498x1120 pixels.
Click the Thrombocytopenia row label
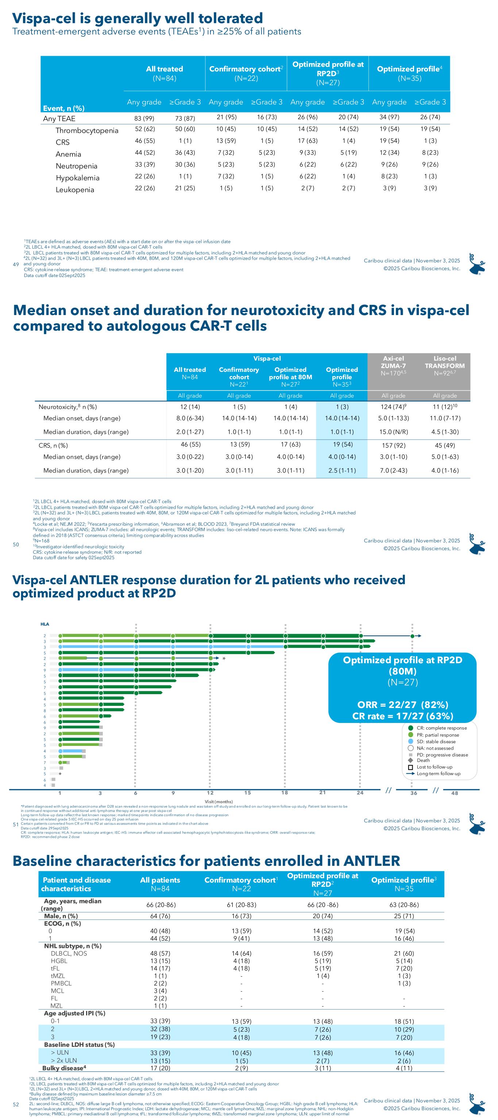pos(86,131)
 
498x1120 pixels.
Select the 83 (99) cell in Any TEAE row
pos(145,118)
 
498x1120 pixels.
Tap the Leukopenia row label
pos(74,190)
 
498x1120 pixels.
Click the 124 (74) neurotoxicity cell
pos(394,407)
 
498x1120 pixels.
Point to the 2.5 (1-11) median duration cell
pos(342,470)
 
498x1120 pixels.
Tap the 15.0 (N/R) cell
pos(393,432)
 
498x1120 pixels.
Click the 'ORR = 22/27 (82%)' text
pos(402,704)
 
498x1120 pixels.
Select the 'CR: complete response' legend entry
pos(441,728)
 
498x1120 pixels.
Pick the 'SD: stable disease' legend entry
pos(436,741)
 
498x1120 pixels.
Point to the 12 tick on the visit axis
pos(210,793)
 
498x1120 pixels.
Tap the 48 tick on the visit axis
pos(455,793)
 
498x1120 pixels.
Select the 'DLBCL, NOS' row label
pos(69,953)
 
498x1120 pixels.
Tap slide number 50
pos(16,544)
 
